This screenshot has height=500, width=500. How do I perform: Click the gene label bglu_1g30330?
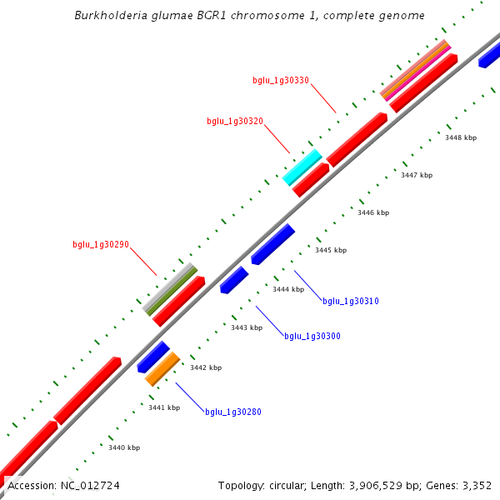click(281, 81)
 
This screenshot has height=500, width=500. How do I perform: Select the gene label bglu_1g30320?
click(235, 122)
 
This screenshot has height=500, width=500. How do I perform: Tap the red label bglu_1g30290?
click(100, 245)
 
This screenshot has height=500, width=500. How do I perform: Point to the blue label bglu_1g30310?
click(351, 301)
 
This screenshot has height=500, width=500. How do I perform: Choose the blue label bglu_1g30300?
click(312, 337)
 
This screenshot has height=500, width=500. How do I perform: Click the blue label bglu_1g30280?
click(233, 412)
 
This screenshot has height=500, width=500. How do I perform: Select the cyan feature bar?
click(302, 167)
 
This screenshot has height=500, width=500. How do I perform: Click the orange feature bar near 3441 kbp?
click(162, 368)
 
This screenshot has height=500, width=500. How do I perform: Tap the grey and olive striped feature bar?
click(170, 288)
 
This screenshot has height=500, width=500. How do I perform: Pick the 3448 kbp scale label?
click(461, 137)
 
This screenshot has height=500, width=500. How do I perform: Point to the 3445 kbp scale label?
click(331, 250)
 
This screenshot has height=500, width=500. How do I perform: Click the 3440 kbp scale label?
click(124, 447)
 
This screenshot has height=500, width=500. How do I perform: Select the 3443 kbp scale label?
click(247, 327)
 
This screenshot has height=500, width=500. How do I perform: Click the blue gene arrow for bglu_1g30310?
click(273, 244)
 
